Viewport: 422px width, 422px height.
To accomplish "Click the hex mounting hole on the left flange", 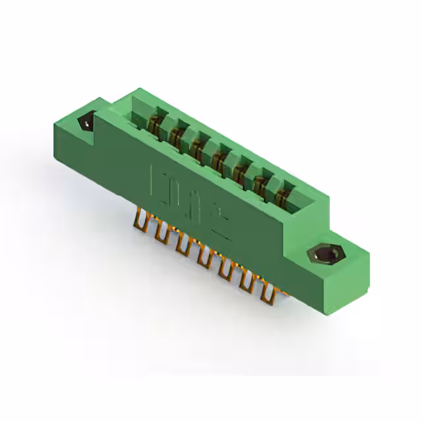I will pyautogui.click(x=86, y=123).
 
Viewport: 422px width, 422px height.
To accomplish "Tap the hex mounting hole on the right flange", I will pyautogui.click(x=323, y=253).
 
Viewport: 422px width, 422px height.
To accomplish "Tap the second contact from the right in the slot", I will pyautogui.click(x=263, y=179).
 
